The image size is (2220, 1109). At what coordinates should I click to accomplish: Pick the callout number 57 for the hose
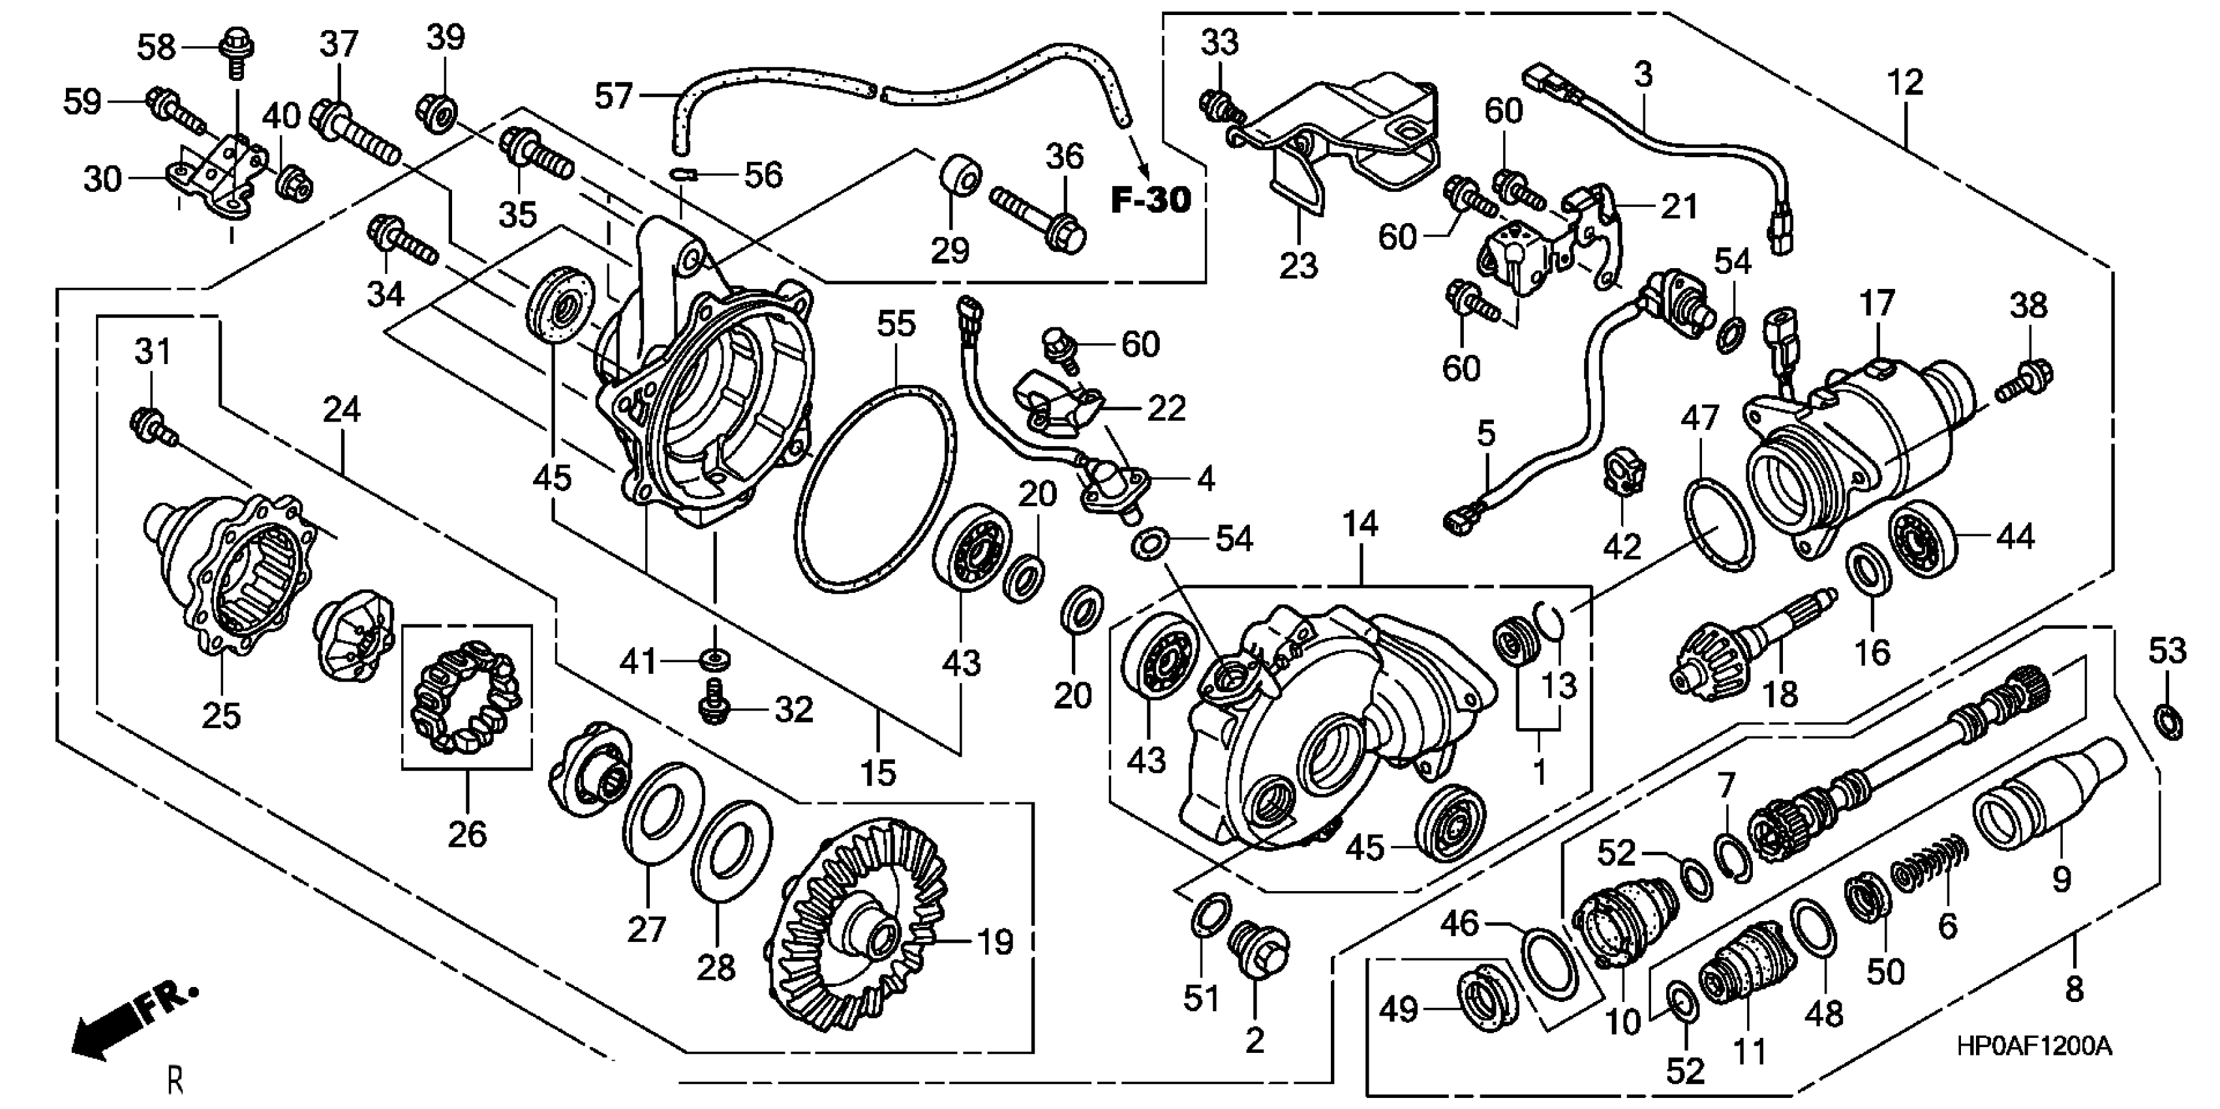[614, 96]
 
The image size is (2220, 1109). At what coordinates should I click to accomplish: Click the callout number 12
[1904, 83]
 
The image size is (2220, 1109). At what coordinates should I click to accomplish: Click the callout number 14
[1360, 524]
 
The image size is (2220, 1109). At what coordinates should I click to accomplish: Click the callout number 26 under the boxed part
[467, 833]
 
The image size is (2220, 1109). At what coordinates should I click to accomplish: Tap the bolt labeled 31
[153, 427]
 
